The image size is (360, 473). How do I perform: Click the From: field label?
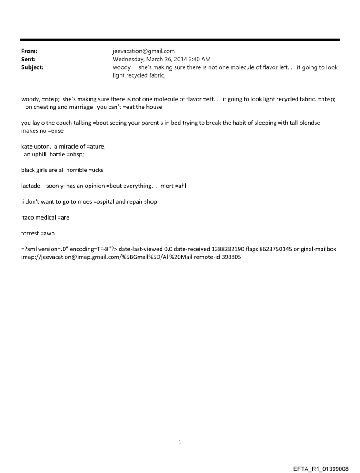(29, 51)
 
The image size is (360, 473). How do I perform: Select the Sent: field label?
(28, 59)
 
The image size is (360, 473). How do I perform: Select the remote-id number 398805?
(231, 257)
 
